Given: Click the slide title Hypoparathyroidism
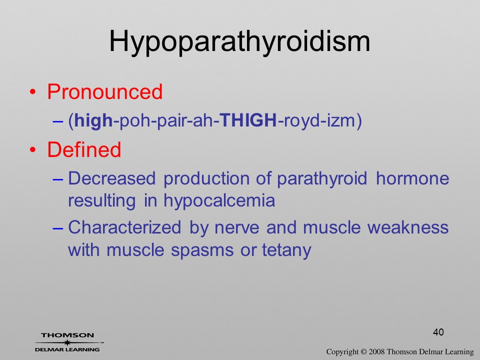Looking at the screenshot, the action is (239, 42).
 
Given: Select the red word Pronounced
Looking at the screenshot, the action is (104, 91).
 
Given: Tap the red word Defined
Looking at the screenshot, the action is (84, 149).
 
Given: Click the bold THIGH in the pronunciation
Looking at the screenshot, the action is (248, 120).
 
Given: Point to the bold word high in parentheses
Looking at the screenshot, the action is (93, 120).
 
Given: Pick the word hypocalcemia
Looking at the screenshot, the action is (219, 201).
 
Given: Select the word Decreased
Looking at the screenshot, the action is (111, 178).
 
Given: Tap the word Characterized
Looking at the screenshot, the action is (124, 227).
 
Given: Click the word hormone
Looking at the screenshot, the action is (412, 178).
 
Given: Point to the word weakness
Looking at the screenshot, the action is (408, 227).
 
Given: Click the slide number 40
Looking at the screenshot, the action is (438, 332).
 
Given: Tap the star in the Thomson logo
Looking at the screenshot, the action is (67, 342).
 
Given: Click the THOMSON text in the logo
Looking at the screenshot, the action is (67, 335).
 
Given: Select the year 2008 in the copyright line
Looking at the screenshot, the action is (376, 351).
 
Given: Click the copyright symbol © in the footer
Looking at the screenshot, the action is (363, 352).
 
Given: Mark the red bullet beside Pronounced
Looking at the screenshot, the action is (33, 92).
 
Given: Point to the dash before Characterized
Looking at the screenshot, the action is (58, 228).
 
